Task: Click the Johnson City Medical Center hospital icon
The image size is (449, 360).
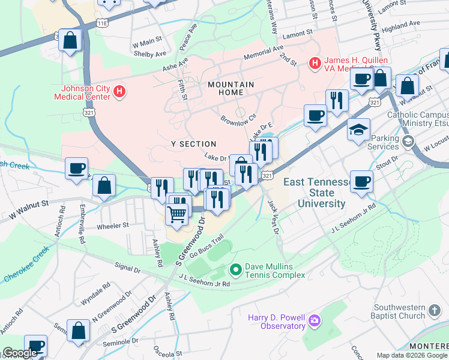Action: point(119,92)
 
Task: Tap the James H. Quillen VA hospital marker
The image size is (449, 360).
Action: point(314,62)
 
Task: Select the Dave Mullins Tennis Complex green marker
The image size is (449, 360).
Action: point(235,270)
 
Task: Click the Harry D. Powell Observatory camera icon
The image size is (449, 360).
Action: point(314,322)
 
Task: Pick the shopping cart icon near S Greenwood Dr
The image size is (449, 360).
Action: point(176,214)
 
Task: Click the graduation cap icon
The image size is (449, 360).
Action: point(358,130)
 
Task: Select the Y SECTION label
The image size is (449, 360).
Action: point(193,144)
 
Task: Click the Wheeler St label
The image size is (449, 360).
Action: point(113,226)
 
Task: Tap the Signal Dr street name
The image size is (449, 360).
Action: point(127,268)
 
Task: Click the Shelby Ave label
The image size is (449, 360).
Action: point(149,53)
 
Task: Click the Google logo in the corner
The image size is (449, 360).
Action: point(20,353)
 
